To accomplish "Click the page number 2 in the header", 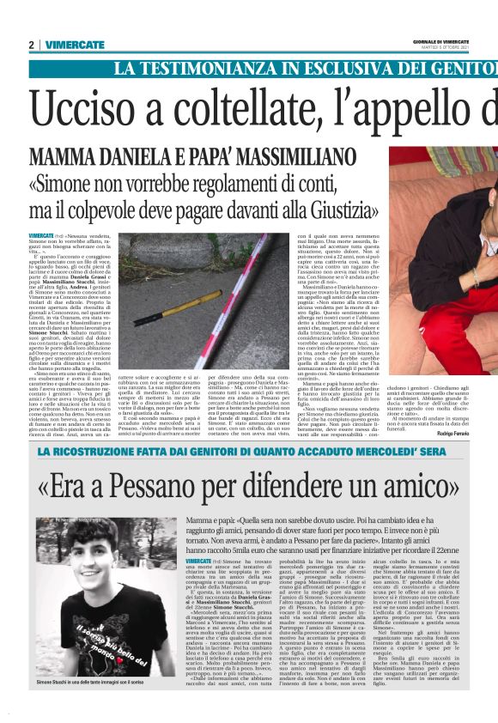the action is [x=30, y=45].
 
